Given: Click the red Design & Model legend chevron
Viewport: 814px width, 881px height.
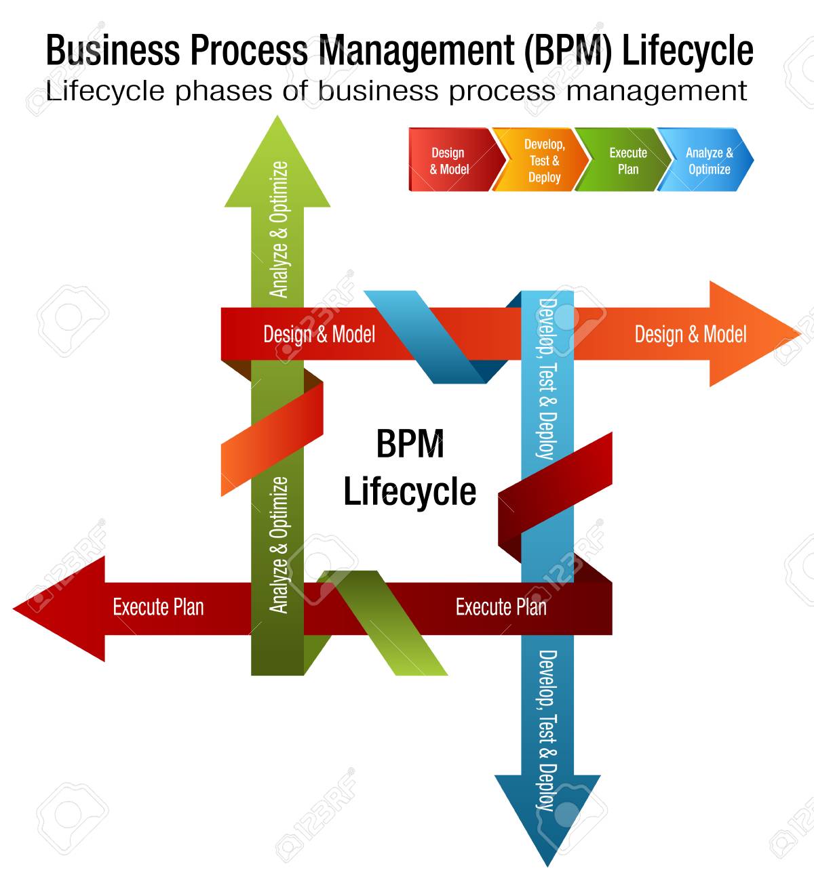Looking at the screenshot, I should click(449, 161).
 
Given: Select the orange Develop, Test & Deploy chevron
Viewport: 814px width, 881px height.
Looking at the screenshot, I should click(539, 161).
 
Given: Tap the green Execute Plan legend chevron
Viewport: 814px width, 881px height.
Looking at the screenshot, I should click(624, 161).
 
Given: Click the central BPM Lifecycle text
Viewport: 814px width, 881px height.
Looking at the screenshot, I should click(410, 468).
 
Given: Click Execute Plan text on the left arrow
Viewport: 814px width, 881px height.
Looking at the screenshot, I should click(158, 607).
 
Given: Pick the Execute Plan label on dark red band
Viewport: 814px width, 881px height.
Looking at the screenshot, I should click(501, 607).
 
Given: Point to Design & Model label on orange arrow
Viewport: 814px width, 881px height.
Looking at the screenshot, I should click(690, 334).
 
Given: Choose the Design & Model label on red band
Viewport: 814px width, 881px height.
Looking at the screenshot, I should click(319, 334).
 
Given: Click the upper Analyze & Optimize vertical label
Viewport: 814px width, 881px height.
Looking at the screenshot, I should click(279, 230).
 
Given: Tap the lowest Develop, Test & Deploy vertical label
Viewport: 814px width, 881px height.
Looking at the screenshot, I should click(547, 729).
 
